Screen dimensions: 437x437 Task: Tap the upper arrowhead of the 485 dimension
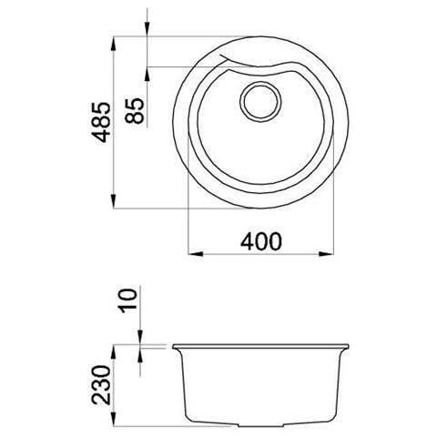(113, 43)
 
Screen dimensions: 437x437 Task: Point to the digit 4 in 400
(246, 240)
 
